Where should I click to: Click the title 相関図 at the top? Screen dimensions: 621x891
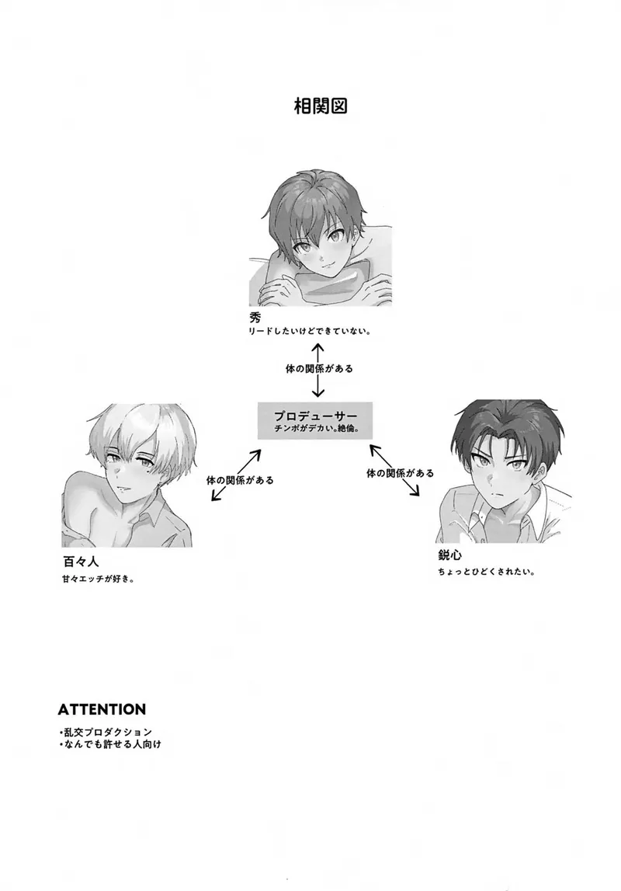click(x=321, y=106)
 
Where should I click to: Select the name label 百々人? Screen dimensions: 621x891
click(x=81, y=562)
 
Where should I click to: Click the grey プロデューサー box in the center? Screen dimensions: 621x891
click(x=315, y=420)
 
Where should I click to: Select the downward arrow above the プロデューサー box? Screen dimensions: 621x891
click(x=318, y=386)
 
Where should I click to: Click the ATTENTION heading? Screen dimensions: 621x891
click(x=102, y=709)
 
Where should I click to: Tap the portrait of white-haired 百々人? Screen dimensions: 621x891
click(x=127, y=475)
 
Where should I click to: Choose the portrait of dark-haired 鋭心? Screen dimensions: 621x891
click(x=504, y=471)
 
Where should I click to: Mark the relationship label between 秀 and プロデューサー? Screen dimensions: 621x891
click(x=318, y=369)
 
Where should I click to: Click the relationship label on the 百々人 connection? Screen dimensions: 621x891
click(x=240, y=480)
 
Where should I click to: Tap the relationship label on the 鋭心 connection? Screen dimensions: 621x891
click(x=401, y=473)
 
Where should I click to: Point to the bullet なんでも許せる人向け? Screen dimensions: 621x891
click(x=110, y=744)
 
